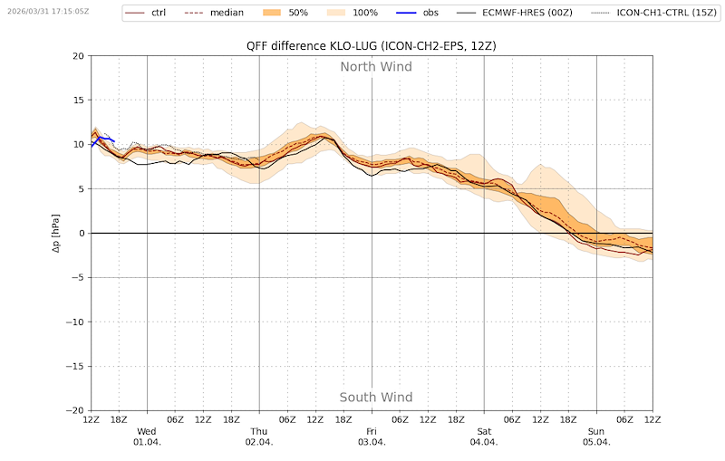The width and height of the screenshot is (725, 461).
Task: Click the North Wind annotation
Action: (376, 67)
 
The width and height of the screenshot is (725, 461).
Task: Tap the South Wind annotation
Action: (376, 398)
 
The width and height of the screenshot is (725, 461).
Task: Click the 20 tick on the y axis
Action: (78, 56)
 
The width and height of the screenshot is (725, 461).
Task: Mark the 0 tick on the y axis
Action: (81, 234)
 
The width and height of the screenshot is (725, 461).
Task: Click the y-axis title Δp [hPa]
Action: (55, 233)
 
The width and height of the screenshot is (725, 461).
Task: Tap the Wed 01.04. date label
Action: (147, 437)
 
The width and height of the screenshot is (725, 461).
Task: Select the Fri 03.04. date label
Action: (372, 437)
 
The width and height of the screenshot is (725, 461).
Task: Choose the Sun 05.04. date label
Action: (596, 437)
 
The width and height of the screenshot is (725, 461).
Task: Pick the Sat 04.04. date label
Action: (484, 437)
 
